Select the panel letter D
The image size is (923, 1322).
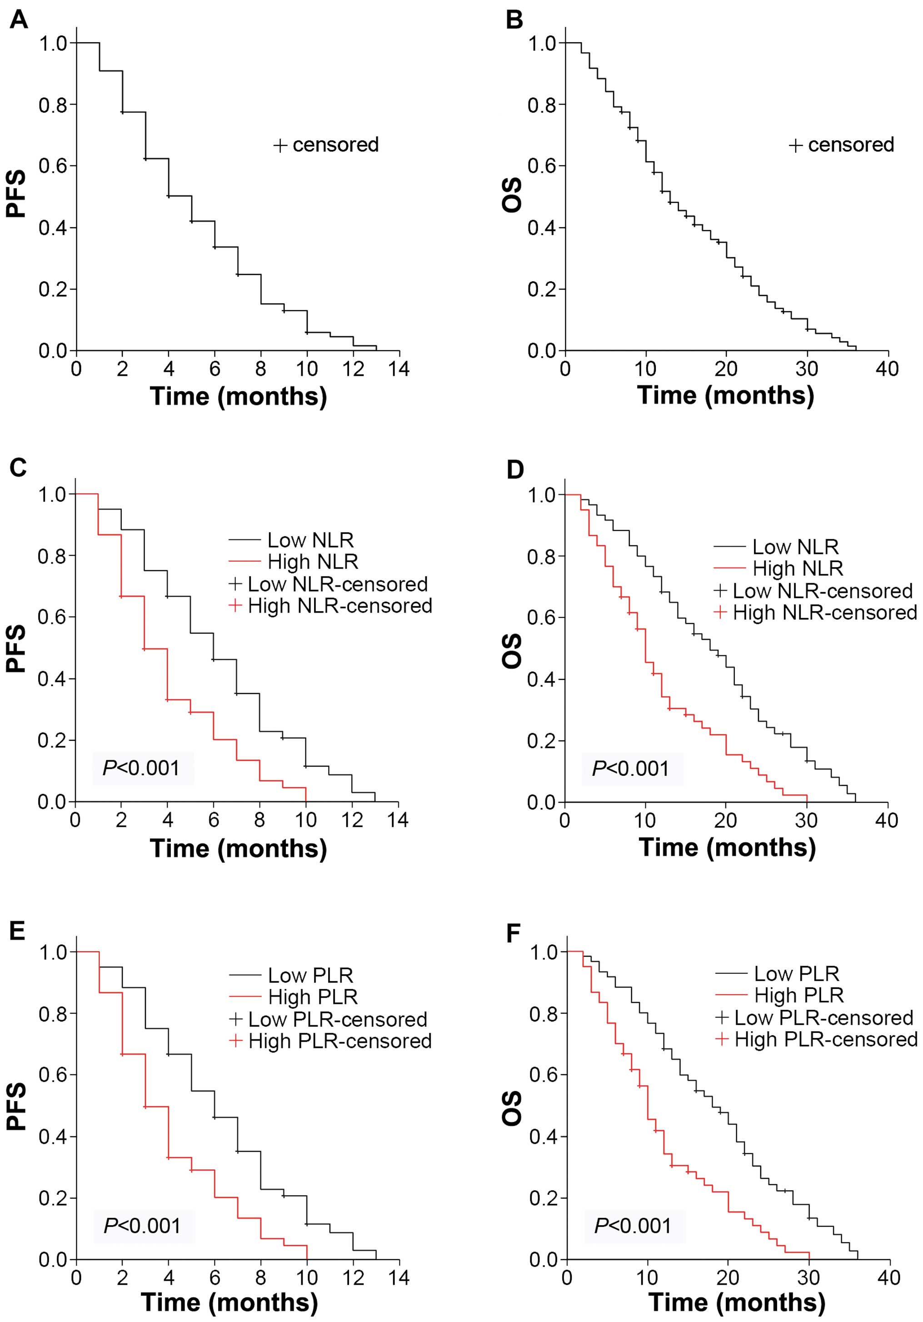click(x=514, y=469)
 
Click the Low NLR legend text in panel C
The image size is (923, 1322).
click(x=310, y=540)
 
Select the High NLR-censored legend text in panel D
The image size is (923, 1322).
click(x=824, y=613)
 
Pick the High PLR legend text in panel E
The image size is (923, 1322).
click(x=313, y=997)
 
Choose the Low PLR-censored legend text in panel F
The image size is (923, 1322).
click(x=823, y=1018)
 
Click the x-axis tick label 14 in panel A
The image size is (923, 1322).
click(x=399, y=369)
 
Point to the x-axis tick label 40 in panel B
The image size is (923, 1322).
click(x=887, y=369)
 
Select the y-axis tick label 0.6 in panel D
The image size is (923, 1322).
click(x=541, y=618)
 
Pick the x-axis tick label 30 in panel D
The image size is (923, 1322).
click(x=806, y=820)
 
